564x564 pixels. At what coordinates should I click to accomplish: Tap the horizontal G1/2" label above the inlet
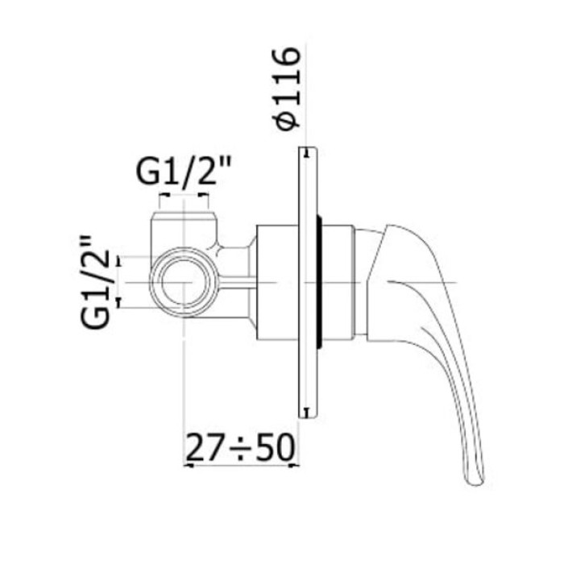point(184,172)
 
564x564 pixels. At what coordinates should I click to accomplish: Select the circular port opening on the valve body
point(187,283)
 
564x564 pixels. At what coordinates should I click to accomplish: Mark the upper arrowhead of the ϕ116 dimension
point(305,151)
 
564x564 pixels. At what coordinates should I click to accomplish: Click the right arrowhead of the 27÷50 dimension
point(295,464)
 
